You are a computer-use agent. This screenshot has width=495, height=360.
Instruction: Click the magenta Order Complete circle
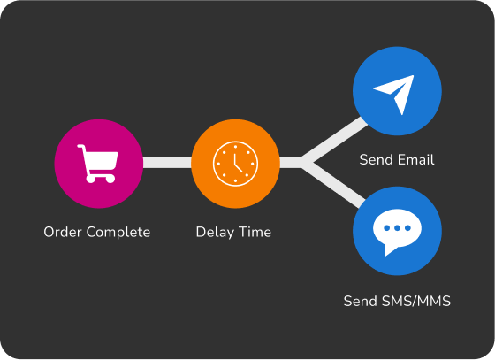(99, 164)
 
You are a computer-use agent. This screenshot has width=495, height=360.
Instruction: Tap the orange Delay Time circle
(235, 164)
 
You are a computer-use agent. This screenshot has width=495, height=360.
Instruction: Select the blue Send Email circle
(397, 91)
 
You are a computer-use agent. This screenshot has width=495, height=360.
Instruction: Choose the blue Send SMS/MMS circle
(397, 231)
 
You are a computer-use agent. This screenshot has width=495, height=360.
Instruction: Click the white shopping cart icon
(97, 164)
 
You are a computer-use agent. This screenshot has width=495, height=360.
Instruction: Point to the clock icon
(235, 164)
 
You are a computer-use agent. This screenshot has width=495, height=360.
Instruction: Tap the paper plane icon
(393, 95)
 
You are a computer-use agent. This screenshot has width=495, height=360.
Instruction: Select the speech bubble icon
(397, 232)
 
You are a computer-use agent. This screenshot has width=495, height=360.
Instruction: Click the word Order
(63, 232)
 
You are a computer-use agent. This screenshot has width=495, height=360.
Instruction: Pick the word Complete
(118, 233)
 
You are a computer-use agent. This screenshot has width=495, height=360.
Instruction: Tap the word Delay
(215, 233)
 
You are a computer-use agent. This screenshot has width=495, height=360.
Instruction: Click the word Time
(255, 232)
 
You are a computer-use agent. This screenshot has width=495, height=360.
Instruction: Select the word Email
(416, 160)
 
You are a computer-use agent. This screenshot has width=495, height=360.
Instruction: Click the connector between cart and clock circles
(167, 163)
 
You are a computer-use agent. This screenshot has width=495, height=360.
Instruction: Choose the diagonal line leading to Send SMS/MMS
(334, 185)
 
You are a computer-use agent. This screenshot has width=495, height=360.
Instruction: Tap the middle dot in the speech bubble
(397, 228)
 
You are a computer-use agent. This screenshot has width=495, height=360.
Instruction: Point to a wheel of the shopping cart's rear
(90, 179)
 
